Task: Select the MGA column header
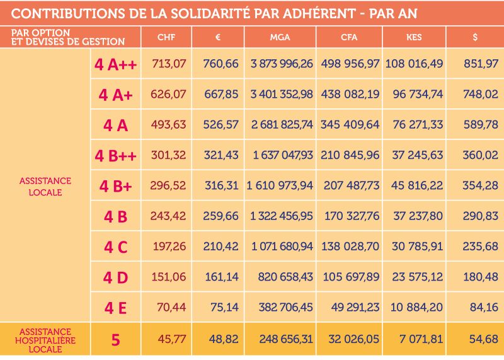click(x=280, y=37)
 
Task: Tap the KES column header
click(x=413, y=37)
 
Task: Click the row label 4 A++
click(x=115, y=64)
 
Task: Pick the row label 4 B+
click(x=115, y=186)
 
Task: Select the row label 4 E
click(x=115, y=308)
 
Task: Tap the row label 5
click(x=115, y=340)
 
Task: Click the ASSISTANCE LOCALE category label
click(x=45, y=186)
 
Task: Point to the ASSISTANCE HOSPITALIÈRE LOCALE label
click(x=45, y=340)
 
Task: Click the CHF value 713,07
click(x=169, y=64)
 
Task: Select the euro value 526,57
click(x=220, y=125)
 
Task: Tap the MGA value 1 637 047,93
click(x=282, y=155)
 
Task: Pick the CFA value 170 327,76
click(x=350, y=216)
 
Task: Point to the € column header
click(x=217, y=37)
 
